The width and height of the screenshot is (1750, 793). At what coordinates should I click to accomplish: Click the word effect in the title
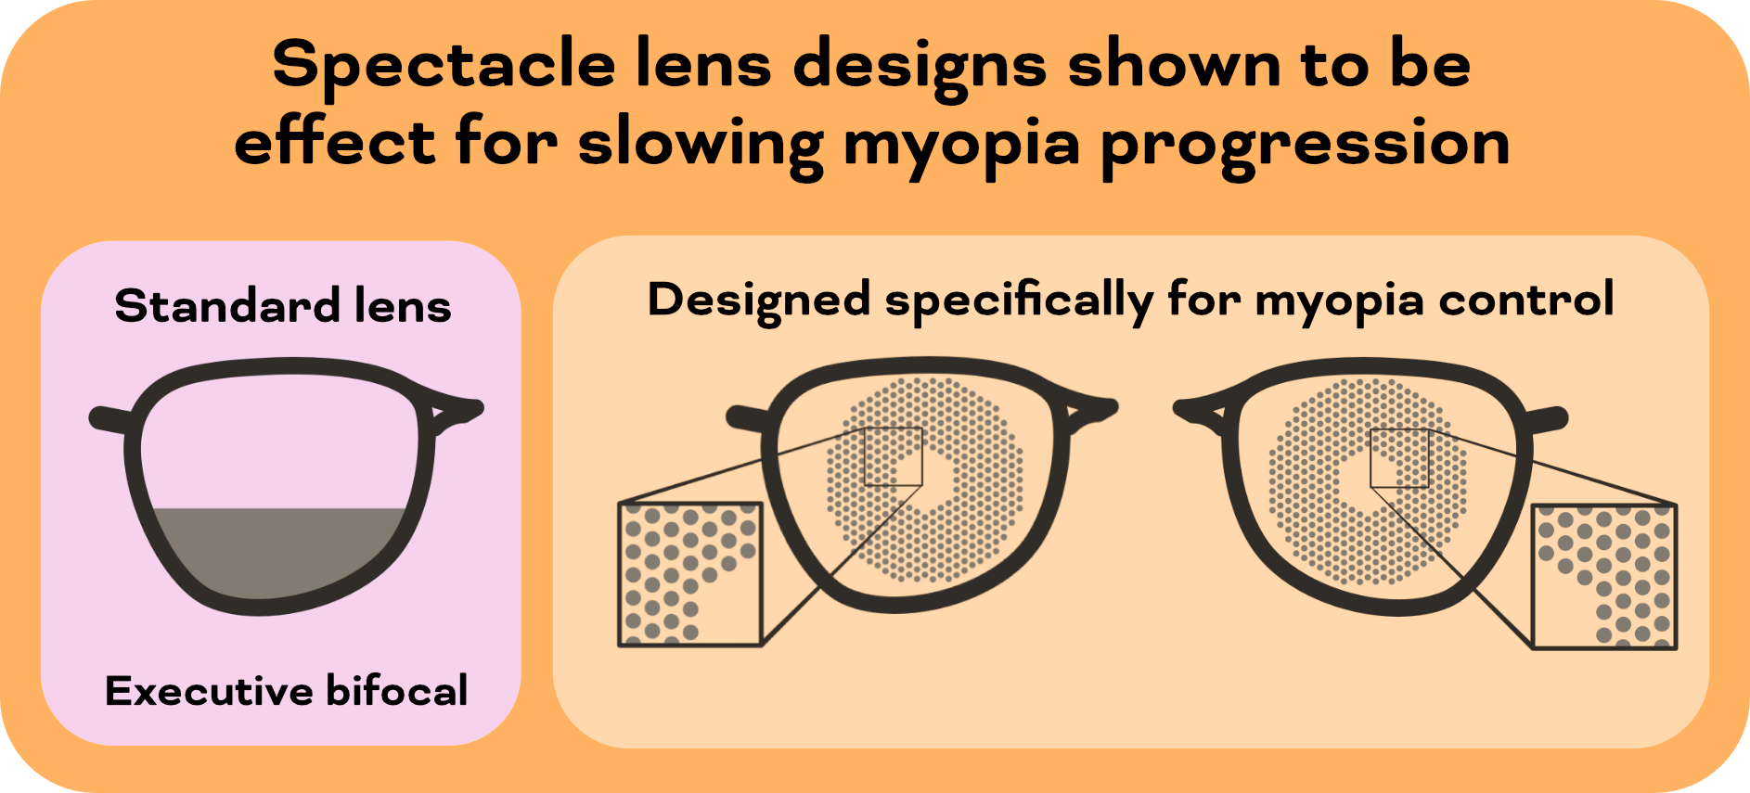point(334,143)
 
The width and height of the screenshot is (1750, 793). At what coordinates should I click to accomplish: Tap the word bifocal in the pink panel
point(397,691)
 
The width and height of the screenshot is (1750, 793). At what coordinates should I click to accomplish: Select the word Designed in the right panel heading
point(759,301)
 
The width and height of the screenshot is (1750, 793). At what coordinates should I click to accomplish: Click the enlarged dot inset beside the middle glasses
point(690,574)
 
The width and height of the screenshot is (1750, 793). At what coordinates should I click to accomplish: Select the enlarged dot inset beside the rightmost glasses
point(1604,576)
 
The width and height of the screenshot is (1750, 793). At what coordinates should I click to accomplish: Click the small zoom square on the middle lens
point(893,456)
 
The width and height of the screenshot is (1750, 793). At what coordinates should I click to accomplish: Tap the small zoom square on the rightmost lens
point(1399,458)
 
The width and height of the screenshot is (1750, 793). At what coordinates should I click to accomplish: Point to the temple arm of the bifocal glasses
point(109,419)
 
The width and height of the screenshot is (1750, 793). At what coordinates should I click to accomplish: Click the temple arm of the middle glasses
point(747,417)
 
